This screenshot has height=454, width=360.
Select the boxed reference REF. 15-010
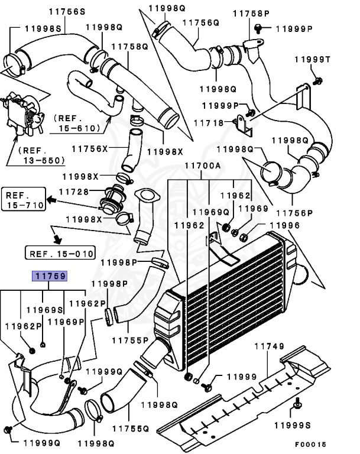60,254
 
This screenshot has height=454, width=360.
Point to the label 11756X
90,148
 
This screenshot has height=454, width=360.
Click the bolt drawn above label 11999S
295,407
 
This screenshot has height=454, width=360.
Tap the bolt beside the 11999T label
318,80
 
